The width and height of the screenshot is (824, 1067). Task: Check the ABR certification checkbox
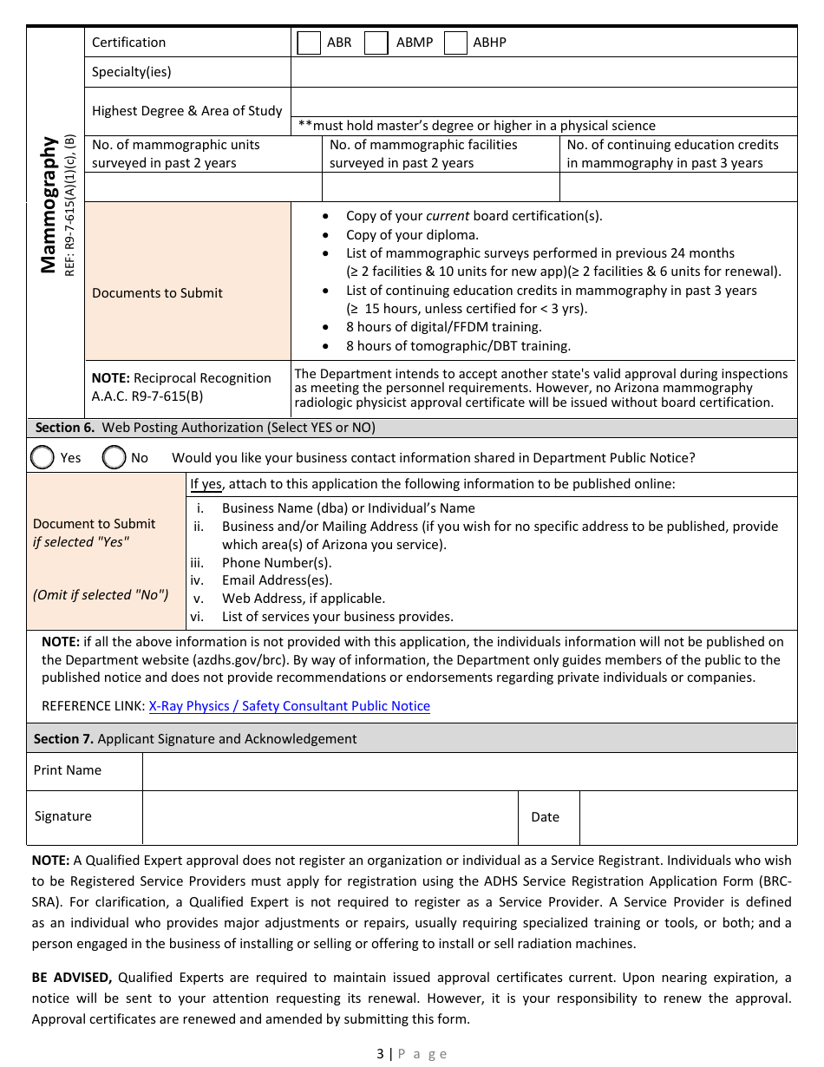pos(309,43)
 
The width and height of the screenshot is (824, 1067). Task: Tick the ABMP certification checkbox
pos(376,43)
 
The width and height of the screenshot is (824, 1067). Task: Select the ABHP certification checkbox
pos(455,43)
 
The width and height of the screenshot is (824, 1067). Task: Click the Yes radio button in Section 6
pos(43,457)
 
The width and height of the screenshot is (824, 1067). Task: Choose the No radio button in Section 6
pos(114,457)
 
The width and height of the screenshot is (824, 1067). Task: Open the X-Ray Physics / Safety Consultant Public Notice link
pos(289,706)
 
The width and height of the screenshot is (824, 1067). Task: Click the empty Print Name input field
pos(468,771)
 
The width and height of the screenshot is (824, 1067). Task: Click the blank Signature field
pos(330,817)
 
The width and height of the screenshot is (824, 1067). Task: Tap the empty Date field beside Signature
pos(687,817)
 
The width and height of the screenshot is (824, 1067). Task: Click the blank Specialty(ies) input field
pos(543,72)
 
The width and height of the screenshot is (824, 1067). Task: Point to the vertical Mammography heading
pos(49,205)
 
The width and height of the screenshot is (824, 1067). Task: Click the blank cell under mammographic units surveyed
pos(203,187)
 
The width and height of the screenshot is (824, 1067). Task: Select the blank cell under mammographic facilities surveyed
pos(441,187)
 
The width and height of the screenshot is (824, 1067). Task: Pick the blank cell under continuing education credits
pos(677,187)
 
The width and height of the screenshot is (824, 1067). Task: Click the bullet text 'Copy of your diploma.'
pos(412,234)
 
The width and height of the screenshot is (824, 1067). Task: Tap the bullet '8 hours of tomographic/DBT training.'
pos(458,346)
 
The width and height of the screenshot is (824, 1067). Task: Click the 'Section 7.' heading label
pos(63,739)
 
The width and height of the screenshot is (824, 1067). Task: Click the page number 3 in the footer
pos(380,1053)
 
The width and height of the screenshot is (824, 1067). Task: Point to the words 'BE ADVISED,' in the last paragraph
pos(72,978)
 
